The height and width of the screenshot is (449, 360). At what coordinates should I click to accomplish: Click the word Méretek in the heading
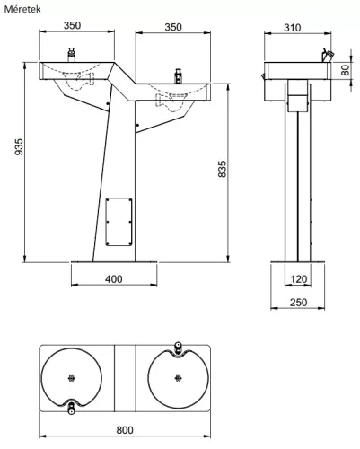pyautogui.click(x=22, y=9)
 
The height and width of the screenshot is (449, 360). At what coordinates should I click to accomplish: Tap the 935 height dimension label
pyautogui.click(x=19, y=146)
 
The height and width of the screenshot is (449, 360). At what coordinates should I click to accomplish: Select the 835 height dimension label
pyautogui.click(x=222, y=169)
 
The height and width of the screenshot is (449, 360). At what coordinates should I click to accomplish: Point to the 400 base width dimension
pyautogui.click(x=114, y=279)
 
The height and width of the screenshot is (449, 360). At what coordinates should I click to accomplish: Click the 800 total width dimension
pyautogui.click(x=125, y=430)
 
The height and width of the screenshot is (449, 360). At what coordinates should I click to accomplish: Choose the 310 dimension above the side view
pyautogui.click(x=292, y=28)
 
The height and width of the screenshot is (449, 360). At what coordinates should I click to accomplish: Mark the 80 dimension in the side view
pyautogui.click(x=346, y=70)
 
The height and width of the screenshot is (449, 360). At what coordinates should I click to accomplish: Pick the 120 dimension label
pyautogui.click(x=299, y=279)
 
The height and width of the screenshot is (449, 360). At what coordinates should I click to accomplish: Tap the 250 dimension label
pyautogui.click(x=298, y=303)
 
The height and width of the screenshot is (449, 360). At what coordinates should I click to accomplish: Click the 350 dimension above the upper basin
pyautogui.click(x=72, y=25)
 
